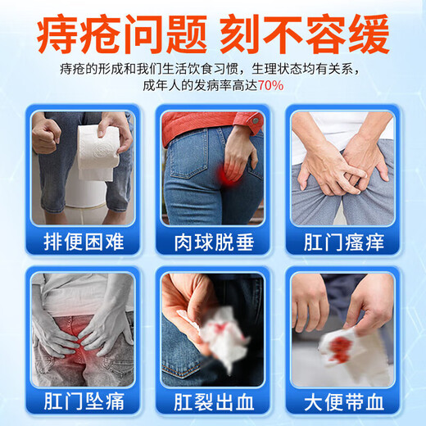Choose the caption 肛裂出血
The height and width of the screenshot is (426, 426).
point(212,404)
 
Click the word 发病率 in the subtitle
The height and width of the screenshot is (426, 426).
point(211,84)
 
